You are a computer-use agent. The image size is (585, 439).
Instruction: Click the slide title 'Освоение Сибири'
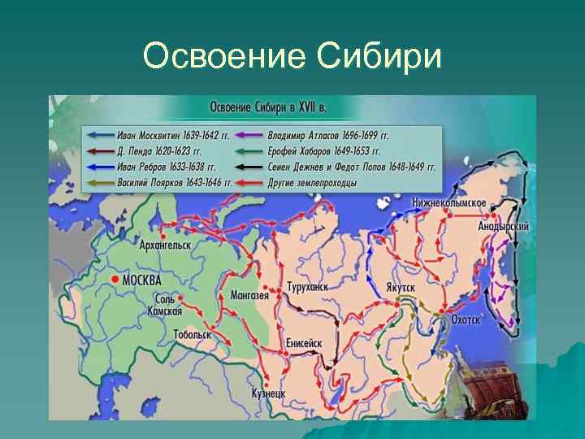click(x=292, y=57)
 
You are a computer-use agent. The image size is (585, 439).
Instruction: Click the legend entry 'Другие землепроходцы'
click(x=312, y=183)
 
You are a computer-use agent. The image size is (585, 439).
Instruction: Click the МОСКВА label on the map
click(x=141, y=280)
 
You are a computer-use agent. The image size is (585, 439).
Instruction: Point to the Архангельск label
click(x=164, y=244)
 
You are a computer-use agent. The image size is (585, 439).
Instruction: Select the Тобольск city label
click(x=192, y=334)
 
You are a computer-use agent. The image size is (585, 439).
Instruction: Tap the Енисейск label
click(x=304, y=344)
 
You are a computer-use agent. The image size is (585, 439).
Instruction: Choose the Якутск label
click(x=401, y=289)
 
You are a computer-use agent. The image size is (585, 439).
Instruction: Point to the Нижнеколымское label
click(x=448, y=202)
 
